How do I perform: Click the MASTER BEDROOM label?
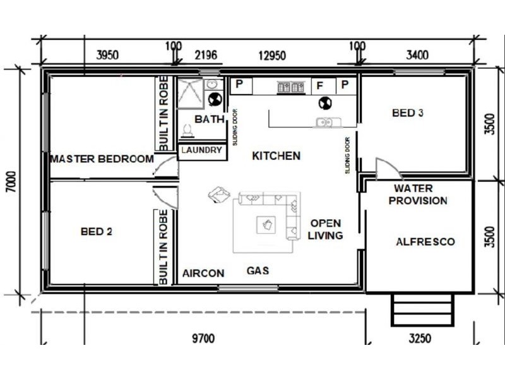102,159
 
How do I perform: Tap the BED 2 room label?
97,231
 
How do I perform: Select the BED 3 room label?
407,113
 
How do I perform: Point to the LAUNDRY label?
201,150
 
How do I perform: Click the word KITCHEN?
276,155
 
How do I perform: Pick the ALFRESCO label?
425,242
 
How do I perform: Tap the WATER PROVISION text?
418,195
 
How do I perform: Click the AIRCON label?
203,274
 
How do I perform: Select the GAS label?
258,271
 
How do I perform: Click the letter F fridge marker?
320,86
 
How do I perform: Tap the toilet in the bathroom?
188,131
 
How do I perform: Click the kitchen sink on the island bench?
328,122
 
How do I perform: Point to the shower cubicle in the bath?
190,93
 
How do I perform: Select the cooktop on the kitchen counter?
291,87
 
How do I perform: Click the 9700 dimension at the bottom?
203,339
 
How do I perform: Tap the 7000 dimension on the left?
11,181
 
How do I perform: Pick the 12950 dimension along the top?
272,56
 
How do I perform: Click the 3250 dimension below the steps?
420,339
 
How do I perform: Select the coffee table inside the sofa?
266,225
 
